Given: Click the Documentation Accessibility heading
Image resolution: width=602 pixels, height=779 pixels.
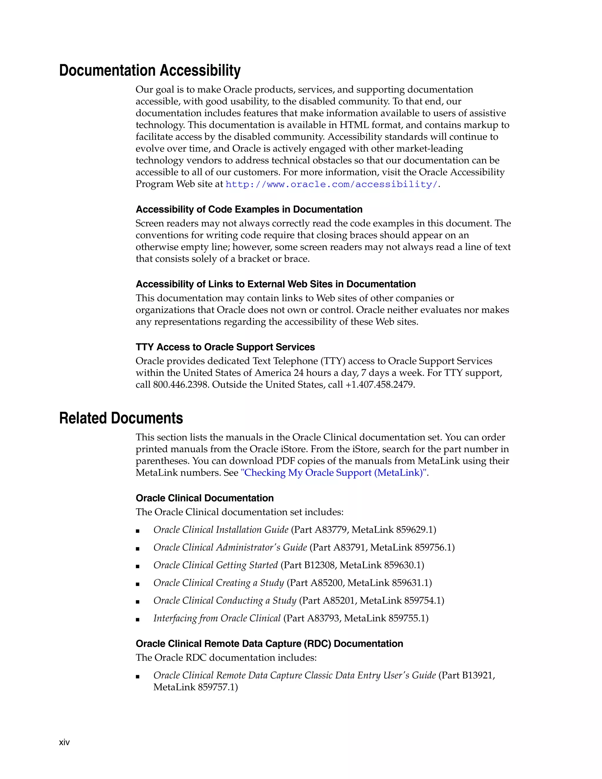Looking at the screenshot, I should (150, 70).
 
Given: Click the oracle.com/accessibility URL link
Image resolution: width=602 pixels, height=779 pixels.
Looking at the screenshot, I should (332, 184).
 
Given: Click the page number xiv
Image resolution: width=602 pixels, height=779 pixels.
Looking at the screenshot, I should (64, 742).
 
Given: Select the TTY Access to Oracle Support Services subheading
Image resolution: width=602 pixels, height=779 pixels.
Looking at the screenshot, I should (225, 347).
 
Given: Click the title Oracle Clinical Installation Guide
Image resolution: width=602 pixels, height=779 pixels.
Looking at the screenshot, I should (221, 530).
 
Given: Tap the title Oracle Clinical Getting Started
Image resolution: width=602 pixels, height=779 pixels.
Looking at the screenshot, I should (215, 565).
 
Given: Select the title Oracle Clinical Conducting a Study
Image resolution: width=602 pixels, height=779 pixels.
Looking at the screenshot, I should (225, 601).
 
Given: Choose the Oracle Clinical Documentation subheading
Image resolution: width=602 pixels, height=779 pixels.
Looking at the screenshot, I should (205, 498).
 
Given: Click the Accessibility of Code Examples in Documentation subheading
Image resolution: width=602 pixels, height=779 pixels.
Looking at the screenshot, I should (249, 209).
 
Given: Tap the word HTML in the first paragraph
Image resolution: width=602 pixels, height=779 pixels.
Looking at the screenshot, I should (354, 125).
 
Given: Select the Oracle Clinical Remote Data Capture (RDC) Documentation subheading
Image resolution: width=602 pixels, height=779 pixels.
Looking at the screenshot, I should (269, 643).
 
